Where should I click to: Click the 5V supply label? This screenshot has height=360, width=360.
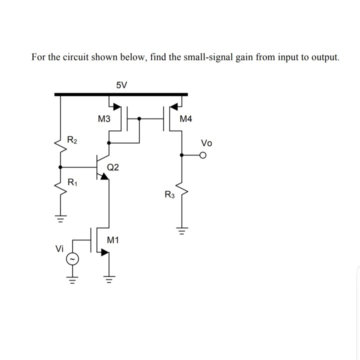click(x=121, y=84)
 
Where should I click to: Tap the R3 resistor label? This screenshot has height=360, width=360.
click(x=170, y=195)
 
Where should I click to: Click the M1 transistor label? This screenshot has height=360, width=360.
click(x=113, y=240)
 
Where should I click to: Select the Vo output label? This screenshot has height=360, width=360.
click(x=206, y=143)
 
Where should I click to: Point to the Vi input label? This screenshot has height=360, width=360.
click(x=59, y=248)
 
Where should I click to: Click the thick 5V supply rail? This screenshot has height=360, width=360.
click(x=121, y=94)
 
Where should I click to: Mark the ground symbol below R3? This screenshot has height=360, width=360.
click(x=181, y=231)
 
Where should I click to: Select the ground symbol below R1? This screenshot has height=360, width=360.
click(x=61, y=219)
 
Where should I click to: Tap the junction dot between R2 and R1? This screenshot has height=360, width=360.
click(x=61, y=167)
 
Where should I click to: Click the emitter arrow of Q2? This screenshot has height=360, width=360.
click(x=104, y=176)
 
